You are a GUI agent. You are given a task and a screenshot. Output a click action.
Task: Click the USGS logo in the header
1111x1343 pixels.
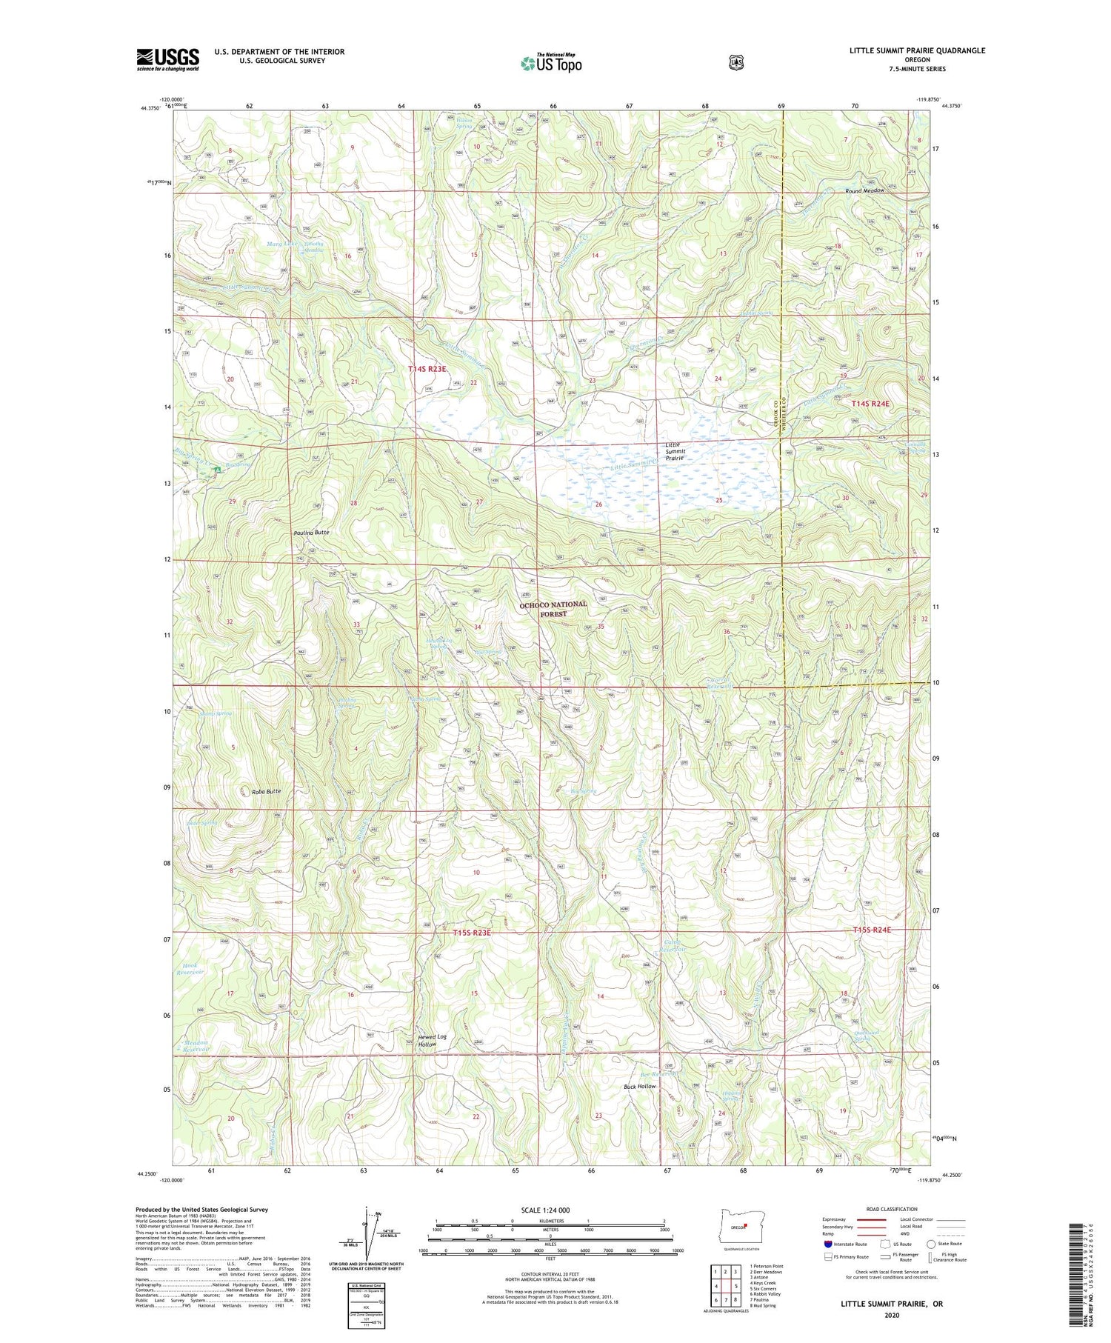(x=167, y=59)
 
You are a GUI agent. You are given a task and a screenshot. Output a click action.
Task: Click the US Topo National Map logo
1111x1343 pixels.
(x=551, y=62)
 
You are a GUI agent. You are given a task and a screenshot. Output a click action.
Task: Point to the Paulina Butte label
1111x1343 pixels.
(x=311, y=533)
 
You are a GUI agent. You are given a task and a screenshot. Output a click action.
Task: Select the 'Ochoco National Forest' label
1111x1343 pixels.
(x=553, y=609)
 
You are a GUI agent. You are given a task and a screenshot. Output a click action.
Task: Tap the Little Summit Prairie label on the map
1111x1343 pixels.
(x=675, y=451)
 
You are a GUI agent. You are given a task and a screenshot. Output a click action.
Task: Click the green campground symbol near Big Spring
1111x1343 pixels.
(x=218, y=470)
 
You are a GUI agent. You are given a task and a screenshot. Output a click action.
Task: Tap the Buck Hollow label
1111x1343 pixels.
(x=639, y=1086)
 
